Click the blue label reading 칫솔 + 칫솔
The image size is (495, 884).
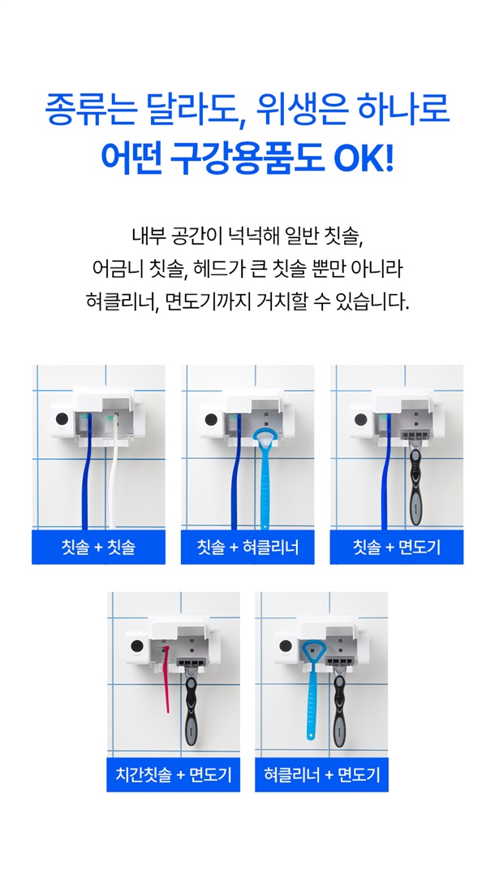(x=98, y=547)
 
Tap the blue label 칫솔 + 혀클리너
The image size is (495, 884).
(x=247, y=547)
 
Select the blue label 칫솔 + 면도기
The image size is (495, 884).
(x=397, y=547)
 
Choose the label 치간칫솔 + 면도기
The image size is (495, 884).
(x=174, y=774)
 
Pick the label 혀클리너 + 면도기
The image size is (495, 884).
(x=321, y=774)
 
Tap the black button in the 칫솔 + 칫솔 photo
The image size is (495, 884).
(x=62, y=419)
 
